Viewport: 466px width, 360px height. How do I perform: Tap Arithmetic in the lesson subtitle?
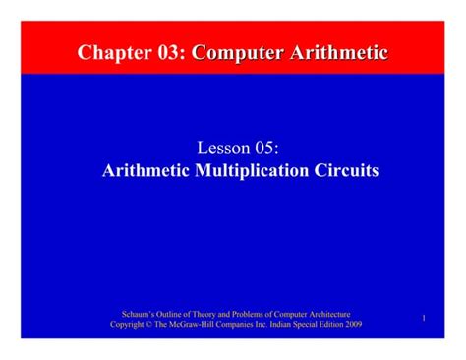[149, 170]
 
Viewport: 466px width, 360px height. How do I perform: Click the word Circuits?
[346, 170]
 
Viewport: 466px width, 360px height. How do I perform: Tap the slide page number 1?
[424, 318]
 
